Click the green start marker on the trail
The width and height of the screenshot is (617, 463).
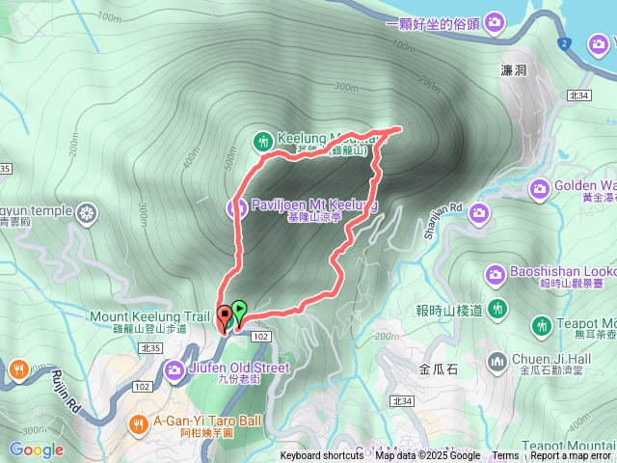coord(239,310)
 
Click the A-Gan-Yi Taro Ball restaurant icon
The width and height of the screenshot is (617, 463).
coord(139,422)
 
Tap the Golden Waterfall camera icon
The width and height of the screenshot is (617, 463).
coord(539,186)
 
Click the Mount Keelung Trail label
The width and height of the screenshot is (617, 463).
coord(148,315)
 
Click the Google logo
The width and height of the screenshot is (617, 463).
coord(36,449)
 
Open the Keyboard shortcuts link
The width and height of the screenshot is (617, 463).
coord(322,456)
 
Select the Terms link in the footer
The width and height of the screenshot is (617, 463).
coord(505,456)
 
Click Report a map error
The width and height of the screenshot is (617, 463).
coord(571,456)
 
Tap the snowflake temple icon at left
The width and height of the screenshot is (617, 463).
coord(88,212)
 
